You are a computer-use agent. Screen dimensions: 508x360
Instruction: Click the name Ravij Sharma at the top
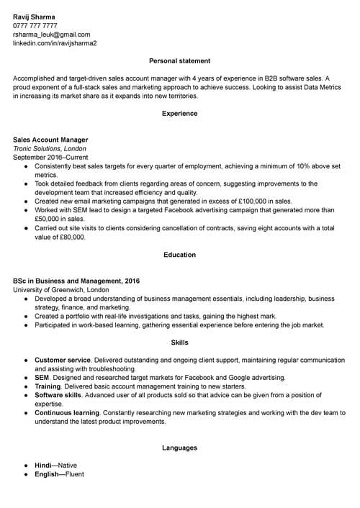click(x=35, y=15)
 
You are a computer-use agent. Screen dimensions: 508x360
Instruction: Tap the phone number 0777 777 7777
click(x=35, y=25)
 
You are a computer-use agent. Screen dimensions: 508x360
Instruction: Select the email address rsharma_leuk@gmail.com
click(x=51, y=34)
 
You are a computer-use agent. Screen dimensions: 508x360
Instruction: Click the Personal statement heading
click(x=179, y=61)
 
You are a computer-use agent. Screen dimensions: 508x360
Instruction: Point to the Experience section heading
click(x=179, y=114)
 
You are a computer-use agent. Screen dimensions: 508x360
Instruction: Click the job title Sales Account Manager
click(x=50, y=140)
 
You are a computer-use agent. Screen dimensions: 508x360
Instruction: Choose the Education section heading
click(x=179, y=255)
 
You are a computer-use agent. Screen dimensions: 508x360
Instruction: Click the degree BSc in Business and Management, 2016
click(x=76, y=281)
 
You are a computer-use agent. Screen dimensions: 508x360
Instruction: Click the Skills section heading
click(x=179, y=343)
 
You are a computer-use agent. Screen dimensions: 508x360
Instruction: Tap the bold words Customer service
click(x=62, y=360)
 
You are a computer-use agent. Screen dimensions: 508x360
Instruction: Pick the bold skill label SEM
click(x=41, y=377)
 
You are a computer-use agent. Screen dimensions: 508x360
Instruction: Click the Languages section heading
click(x=179, y=448)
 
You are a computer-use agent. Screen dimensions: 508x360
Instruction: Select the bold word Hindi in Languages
click(x=42, y=466)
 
